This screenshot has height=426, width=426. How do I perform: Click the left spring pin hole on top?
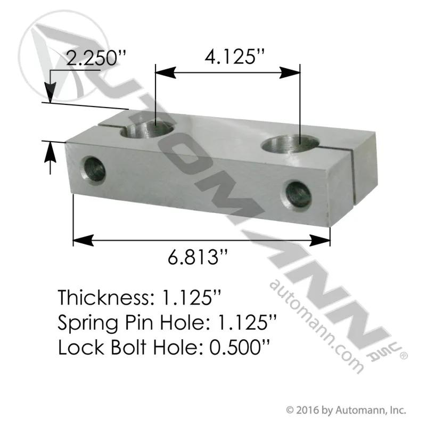(x=147, y=129)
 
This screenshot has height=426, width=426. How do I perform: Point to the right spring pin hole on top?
(x=290, y=144)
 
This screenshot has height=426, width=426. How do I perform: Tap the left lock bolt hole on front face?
(x=93, y=170)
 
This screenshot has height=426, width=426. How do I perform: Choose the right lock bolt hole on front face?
(x=298, y=194)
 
